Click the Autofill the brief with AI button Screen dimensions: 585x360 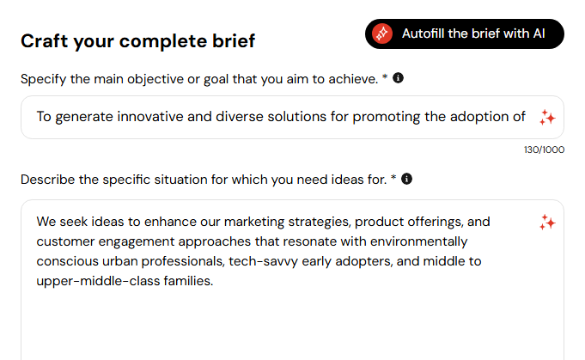(x=465, y=34)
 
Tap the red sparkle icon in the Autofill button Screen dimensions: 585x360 (x=382, y=34)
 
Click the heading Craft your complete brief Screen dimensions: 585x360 (x=138, y=41)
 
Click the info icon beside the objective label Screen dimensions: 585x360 (x=398, y=78)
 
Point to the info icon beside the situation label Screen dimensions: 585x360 (x=406, y=179)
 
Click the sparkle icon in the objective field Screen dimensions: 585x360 (x=547, y=117)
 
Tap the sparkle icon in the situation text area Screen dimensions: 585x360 (x=547, y=223)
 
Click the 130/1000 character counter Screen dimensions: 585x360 (x=544, y=149)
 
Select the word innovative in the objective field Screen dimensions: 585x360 (x=150, y=117)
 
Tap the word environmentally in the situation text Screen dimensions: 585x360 (x=418, y=241)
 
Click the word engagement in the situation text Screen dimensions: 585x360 (x=137, y=241)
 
